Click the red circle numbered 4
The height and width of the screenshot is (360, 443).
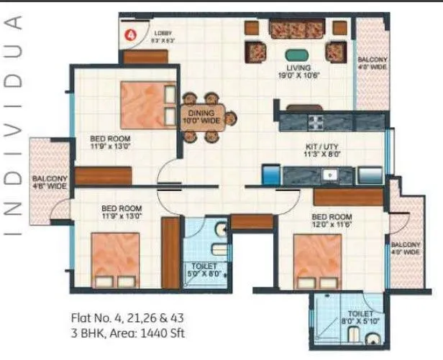coord(132,33)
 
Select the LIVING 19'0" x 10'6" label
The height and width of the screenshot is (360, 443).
coord(298,70)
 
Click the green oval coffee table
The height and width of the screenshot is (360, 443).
coord(295,54)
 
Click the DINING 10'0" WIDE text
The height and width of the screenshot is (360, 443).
coord(203,116)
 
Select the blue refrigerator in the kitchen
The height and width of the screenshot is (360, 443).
coord(270,175)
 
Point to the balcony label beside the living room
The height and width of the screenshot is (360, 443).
coord(373,64)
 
